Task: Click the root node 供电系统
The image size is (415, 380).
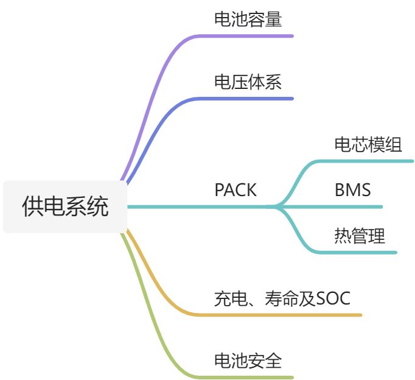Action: (65, 206)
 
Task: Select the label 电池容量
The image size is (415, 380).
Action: (248, 19)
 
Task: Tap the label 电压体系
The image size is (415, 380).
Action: (248, 82)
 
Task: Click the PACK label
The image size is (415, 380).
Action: (235, 190)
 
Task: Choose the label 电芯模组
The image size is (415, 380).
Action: (368, 145)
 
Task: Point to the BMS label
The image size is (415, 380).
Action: (352, 190)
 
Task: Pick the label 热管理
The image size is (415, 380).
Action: (360, 236)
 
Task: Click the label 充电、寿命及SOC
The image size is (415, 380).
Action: (282, 298)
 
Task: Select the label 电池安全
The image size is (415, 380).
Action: (248, 361)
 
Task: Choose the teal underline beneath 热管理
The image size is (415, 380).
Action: (359, 252)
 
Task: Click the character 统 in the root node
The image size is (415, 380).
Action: (98, 206)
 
